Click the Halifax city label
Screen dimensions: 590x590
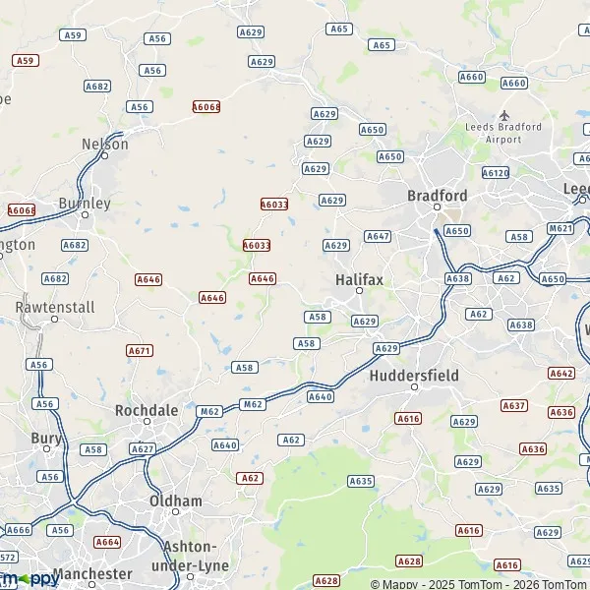(x=359, y=279)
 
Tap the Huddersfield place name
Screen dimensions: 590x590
(x=414, y=375)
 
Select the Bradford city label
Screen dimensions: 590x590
(x=438, y=196)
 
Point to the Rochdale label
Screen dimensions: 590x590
(x=147, y=410)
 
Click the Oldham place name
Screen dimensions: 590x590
(x=175, y=501)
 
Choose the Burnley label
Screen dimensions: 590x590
(x=85, y=203)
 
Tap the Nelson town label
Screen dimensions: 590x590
(x=105, y=144)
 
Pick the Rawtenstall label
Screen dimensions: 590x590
(x=55, y=307)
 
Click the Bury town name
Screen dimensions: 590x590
(x=45, y=438)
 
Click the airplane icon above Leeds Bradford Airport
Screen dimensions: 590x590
(x=505, y=114)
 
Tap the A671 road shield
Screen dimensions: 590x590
(x=140, y=350)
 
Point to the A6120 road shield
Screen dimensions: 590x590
(x=498, y=173)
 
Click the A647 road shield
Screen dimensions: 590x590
(x=378, y=236)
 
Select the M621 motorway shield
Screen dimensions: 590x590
(x=560, y=228)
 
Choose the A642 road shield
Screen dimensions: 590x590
(x=561, y=373)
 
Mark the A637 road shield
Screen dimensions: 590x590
(x=514, y=405)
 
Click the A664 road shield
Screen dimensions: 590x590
(x=107, y=542)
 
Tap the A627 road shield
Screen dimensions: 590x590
(x=143, y=449)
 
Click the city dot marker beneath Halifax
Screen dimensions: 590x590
(x=359, y=291)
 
